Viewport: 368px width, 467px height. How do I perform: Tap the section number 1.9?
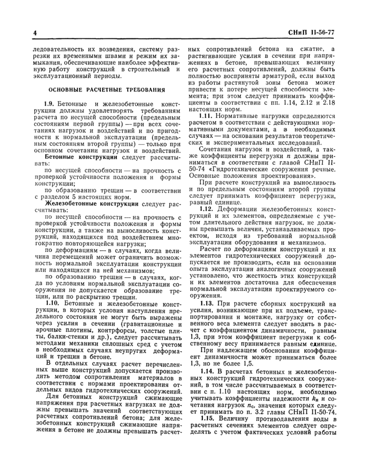50,107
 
